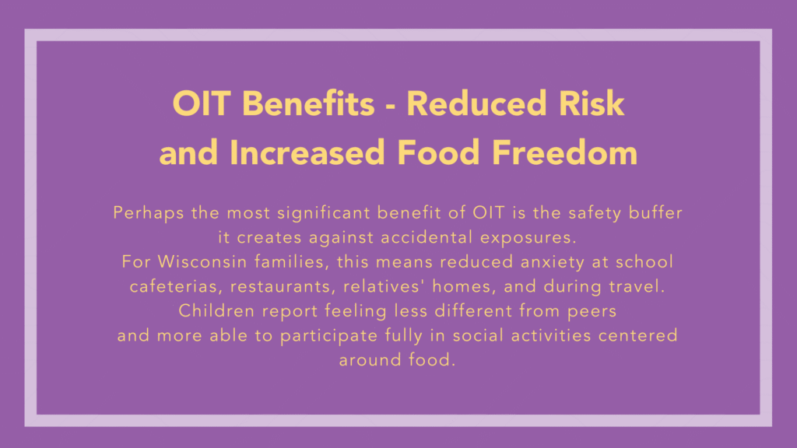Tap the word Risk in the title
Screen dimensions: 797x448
coord(592,103)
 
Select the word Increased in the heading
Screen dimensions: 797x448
coord(307,152)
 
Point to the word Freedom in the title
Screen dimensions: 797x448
coord(565,152)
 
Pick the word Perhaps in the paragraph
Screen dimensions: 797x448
coord(149,213)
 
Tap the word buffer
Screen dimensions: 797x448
coord(655,212)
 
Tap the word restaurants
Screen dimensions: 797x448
coord(283,287)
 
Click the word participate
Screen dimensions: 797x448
coord(329,336)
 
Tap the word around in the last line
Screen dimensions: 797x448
coord(370,360)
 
